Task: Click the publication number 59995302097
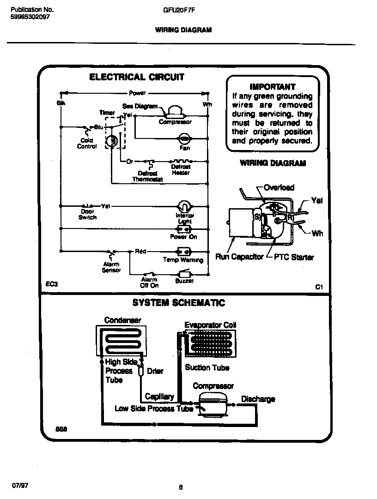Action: pos(30,17)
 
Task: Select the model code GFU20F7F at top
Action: pos(178,9)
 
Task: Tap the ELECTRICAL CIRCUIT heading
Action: pos(136,77)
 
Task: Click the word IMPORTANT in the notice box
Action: pos(272,86)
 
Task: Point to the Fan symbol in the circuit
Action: pos(184,138)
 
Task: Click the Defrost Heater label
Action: pos(181,169)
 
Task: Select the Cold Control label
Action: pos(86,144)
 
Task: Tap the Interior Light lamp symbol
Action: pos(184,206)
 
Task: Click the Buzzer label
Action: pos(184,281)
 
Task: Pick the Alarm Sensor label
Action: pos(111,267)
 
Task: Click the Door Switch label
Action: pos(87,214)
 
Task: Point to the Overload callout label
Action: pos(279,187)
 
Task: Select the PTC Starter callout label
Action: pos(294,257)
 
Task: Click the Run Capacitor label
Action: pos(239,257)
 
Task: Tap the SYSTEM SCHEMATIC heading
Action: pos(178,303)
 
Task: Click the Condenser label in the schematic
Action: pos(122,320)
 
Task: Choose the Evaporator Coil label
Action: pos(210,325)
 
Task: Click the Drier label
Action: pos(155,371)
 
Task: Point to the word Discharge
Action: pos(258,399)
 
